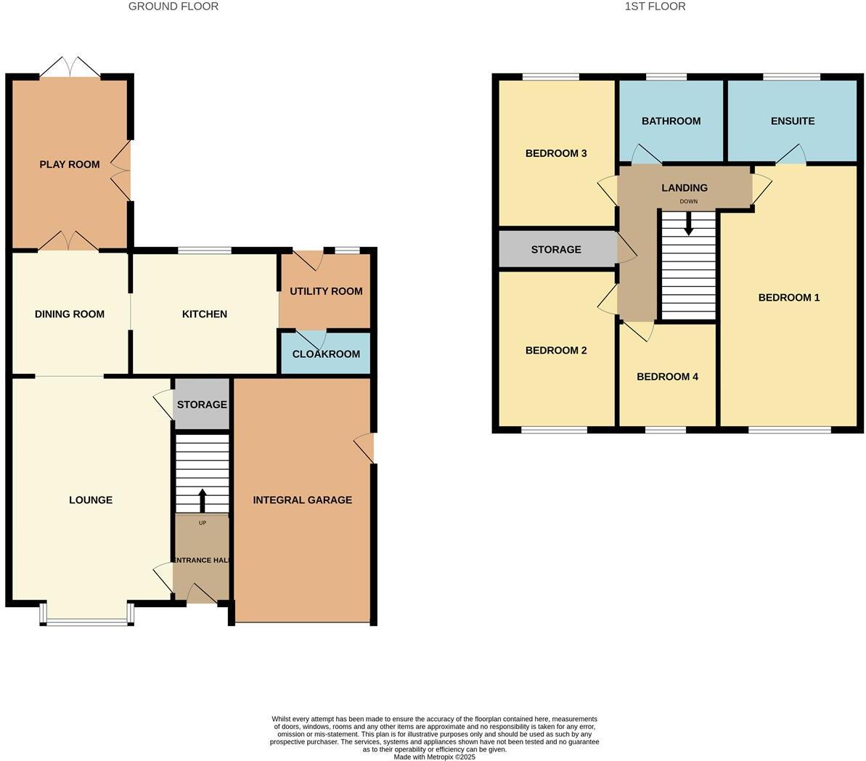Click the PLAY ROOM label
pyautogui.click(x=70, y=164)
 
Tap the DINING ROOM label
pyautogui.click(x=70, y=314)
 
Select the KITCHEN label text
pyautogui.click(x=204, y=314)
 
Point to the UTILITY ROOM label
pyautogui.click(x=326, y=291)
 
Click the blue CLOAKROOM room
pyautogui.click(x=326, y=354)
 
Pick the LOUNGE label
pyautogui.click(x=91, y=500)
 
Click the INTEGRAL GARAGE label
pyautogui.click(x=302, y=500)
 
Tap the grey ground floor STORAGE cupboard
pyautogui.click(x=202, y=404)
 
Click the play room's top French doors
pyautogui.click(x=70, y=68)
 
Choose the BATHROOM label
pyautogui.click(x=671, y=121)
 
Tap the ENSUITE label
pyautogui.click(x=793, y=121)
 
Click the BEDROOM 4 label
pyautogui.click(x=667, y=376)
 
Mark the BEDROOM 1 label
pyautogui.click(x=789, y=297)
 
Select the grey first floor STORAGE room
pyautogui.click(x=556, y=249)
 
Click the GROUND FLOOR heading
pyautogui.click(x=173, y=7)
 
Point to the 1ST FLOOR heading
pyautogui.click(x=655, y=7)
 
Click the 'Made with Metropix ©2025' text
pyautogui.click(x=434, y=757)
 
